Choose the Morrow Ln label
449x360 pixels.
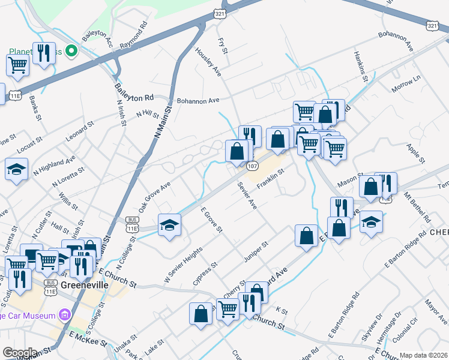click(x=406, y=85)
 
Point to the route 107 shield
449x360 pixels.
click(x=253, y=166)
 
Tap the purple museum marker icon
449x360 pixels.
click(x=64, y=315)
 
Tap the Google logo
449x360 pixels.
click(x=19, y=353)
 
